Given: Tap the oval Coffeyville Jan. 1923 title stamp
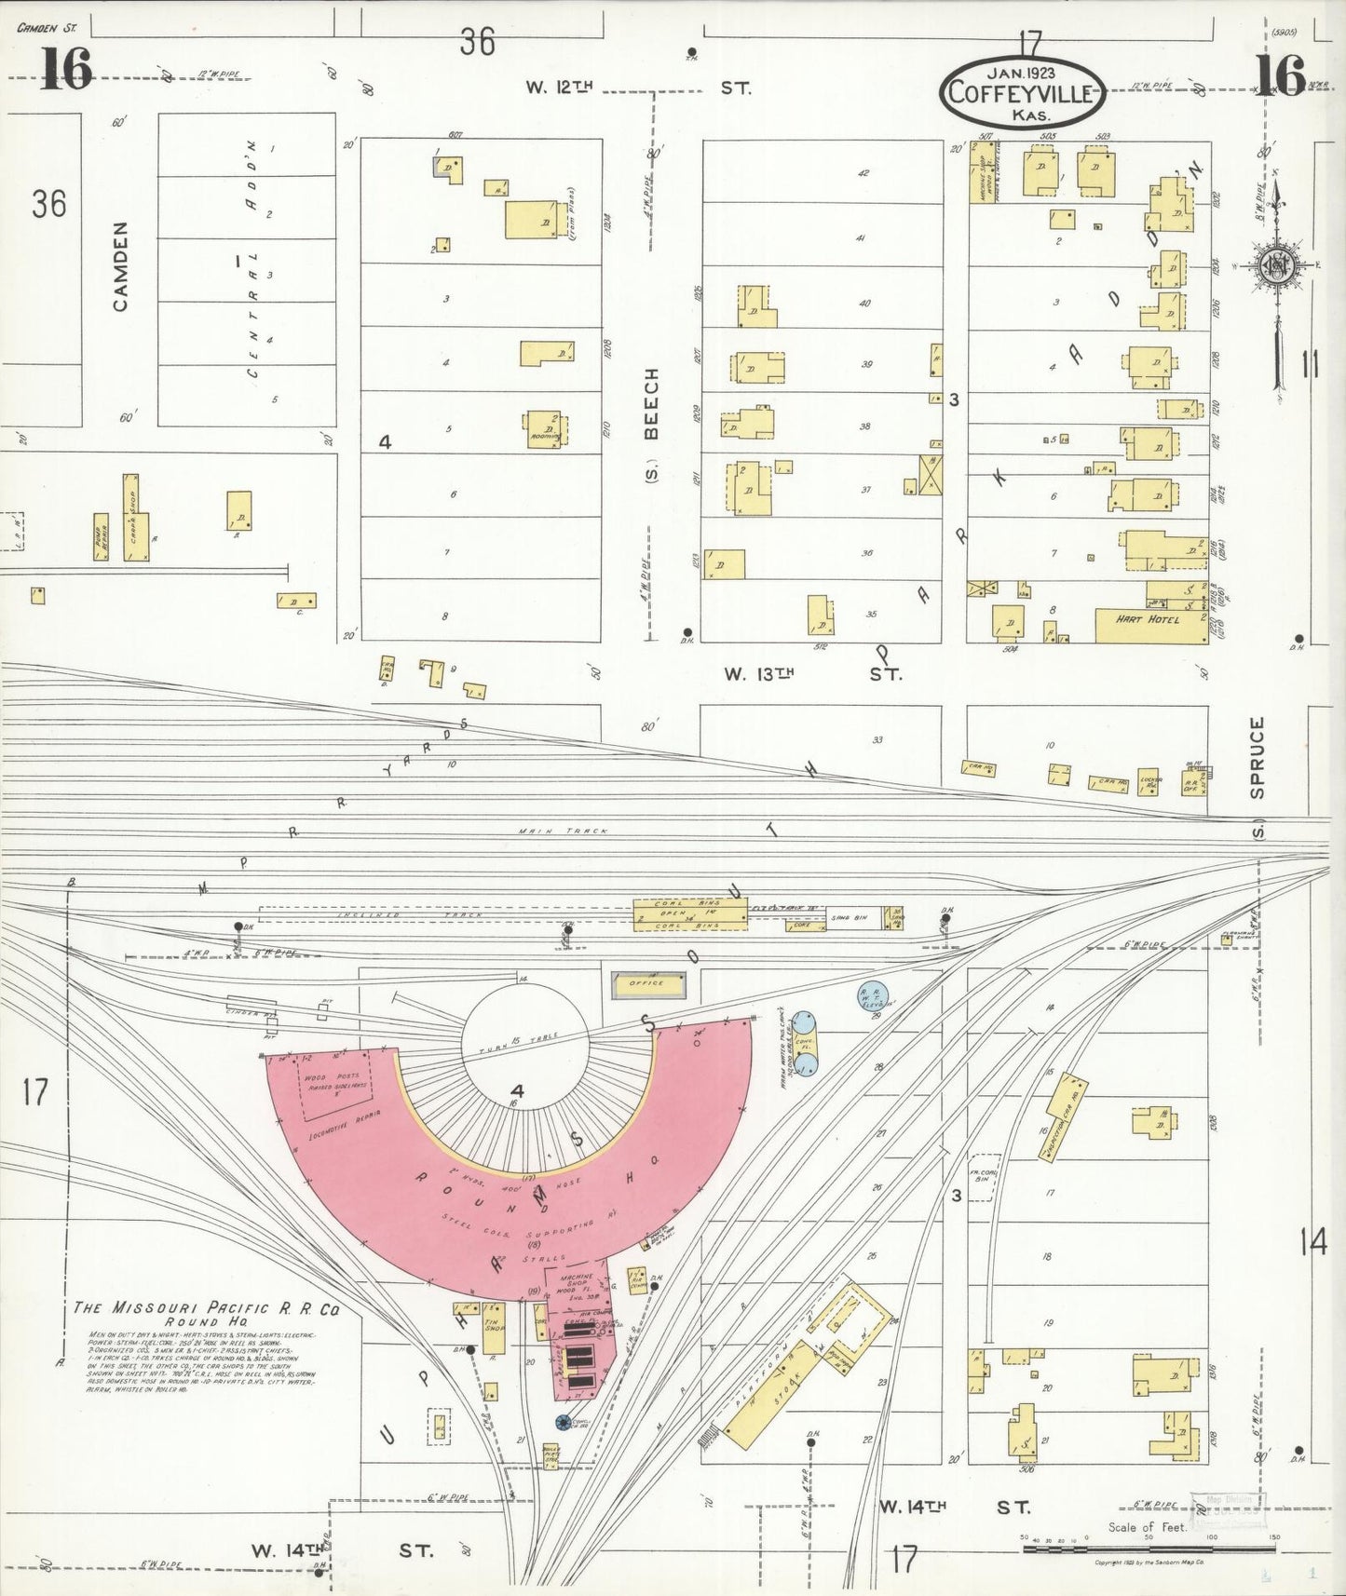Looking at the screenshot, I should click(1022, 91).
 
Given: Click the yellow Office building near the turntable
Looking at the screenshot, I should click(648, 983).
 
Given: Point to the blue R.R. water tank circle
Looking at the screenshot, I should click(873, 995).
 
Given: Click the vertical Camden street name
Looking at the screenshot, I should click(120, 266).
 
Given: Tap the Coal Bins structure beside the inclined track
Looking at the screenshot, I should click(688, 915).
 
